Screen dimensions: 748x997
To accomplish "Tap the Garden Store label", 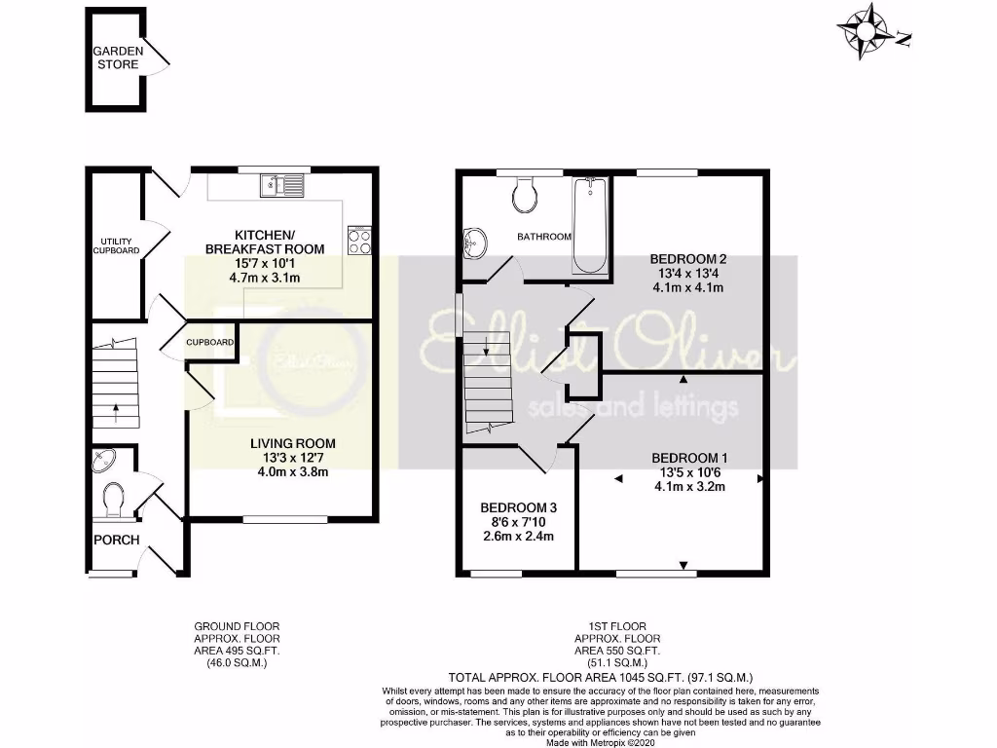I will click(118, 57).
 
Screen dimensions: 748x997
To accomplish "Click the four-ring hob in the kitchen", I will click(359, 241).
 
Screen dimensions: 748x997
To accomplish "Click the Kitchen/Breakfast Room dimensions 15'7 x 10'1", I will click(264, 263).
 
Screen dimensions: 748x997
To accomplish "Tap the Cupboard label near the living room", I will click(210, 343).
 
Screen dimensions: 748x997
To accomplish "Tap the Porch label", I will click(117, 540).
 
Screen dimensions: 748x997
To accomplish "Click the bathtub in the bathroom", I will click(590, 226).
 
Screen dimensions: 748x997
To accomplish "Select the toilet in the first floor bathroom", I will click(525, 195).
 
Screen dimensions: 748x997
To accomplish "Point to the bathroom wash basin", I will click(476, 243).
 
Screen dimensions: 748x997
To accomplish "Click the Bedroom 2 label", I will click(689, 258).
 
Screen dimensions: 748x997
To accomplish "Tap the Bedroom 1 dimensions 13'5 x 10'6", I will click(689, 472).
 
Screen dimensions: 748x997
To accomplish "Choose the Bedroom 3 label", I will click(518, 508).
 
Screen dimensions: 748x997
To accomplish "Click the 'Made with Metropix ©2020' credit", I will click(600, 742).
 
